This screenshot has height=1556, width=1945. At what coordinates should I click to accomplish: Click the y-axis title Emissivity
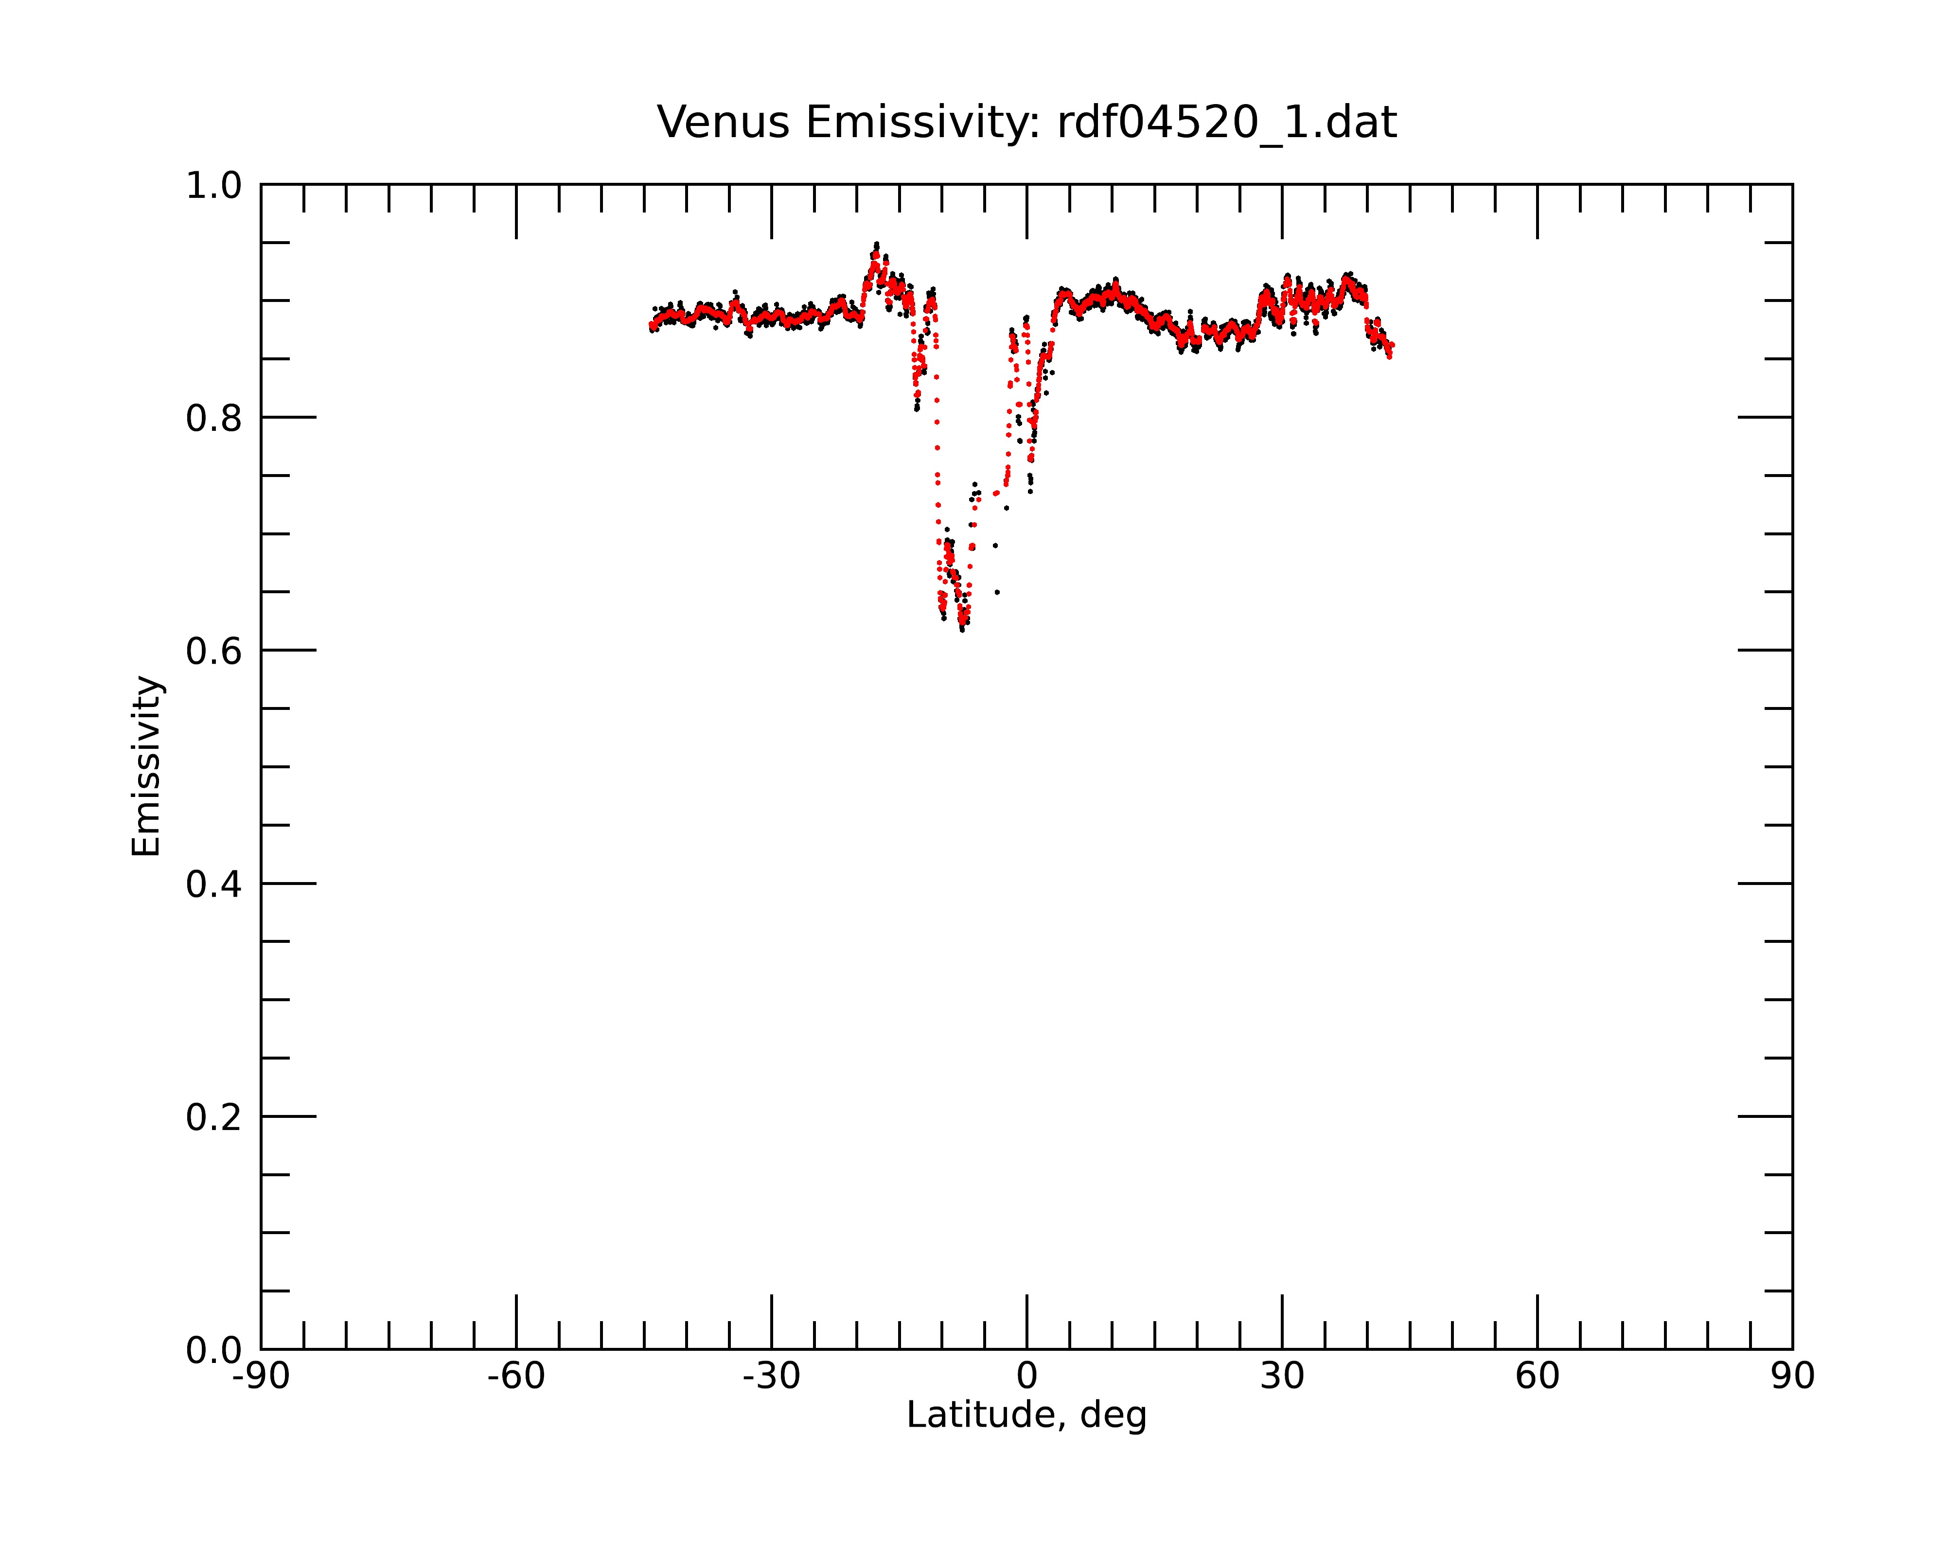click(146, 766)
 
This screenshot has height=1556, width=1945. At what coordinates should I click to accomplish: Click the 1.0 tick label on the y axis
click(214, 186)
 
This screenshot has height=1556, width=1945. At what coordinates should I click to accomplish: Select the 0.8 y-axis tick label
click(214, 419)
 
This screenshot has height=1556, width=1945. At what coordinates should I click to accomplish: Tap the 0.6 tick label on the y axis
click(214, 651)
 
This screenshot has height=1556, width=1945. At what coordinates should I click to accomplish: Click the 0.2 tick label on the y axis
click(214, 1117)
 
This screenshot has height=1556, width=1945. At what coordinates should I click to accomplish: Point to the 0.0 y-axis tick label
click(214, 1350)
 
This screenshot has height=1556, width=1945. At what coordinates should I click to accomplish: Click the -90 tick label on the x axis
click(261, 1377)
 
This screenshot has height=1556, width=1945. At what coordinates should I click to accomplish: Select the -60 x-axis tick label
click(516, 1377)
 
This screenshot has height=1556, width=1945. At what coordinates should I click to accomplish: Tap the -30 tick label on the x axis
click(771, 1377)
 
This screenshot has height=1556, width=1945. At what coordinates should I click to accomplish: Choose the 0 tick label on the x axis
click(1026, 1377)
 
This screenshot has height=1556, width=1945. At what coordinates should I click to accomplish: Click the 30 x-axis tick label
click(1282, 1377)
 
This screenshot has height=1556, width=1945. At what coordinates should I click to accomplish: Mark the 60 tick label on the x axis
click(1537, 1377)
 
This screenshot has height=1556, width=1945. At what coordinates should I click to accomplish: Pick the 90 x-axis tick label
click(1792, 1377)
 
